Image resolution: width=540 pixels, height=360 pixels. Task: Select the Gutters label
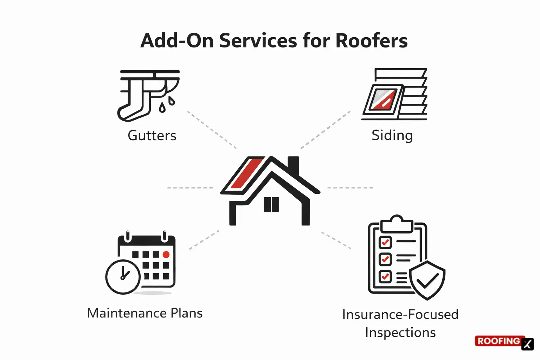coord(152,136)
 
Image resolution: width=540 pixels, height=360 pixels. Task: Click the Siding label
coord(392,136)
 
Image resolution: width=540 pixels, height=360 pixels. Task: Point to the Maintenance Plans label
coord(144,313)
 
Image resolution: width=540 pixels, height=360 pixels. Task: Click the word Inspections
coord(400,333)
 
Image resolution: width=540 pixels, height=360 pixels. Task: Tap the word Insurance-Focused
coord(400,315)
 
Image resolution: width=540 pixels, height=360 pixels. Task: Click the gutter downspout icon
coord(148,95)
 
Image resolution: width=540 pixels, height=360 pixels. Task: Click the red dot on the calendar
coord(166,255)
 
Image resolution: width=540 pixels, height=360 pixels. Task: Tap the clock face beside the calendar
coord(123,277)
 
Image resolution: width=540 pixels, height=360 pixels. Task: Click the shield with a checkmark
coord(427,280)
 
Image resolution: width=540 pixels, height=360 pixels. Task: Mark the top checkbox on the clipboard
coord(385,242)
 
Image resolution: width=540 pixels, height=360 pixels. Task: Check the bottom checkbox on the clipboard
coord(385,276)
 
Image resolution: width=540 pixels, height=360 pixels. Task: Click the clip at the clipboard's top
coord(397,224)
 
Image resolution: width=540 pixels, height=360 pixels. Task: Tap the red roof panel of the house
coord(246,173)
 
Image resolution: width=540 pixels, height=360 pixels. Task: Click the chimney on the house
coord(293,165)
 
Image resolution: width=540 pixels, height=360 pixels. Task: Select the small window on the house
coord(271,204)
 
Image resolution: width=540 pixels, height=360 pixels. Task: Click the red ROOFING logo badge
coord(498,341)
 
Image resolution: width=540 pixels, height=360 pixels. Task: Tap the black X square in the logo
coord(527,344)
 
